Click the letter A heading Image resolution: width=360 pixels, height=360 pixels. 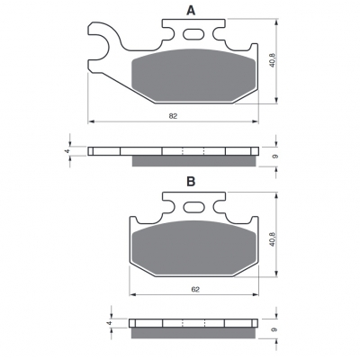pyautogui.click(x=191, y=11)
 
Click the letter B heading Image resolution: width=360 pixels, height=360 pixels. pyautogui.click(x=191, y=182)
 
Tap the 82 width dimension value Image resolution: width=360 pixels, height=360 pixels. pyautogui.click(x=173, y=116)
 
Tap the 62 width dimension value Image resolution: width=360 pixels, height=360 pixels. pyautogui.click(x=195, y=290)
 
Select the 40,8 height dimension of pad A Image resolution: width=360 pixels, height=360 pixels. pyautogui.click(x=273, y=60)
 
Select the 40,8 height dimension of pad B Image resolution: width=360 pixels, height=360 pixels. pyautogui.click(x=273, y=239)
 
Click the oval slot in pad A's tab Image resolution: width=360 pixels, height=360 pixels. pyautogui.click(x=193, y=34)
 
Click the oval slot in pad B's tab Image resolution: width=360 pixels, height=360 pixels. pyautogui.click(x=193, y=207)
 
